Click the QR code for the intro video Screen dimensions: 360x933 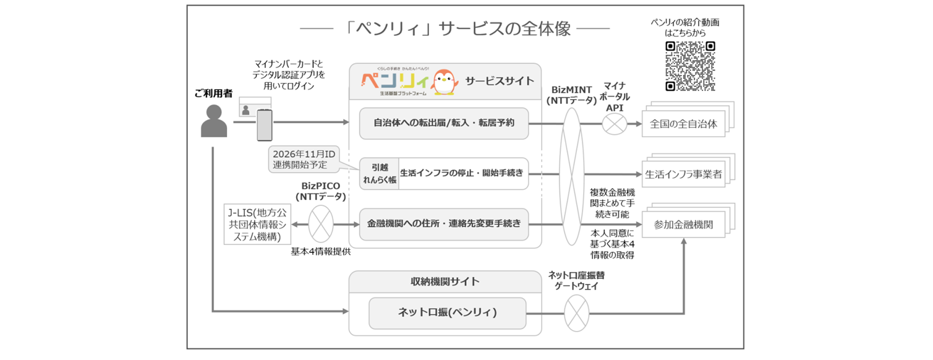[x=690, y=66]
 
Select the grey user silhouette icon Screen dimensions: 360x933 [x=214, y=122]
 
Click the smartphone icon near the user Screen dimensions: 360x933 [x=265, y=126]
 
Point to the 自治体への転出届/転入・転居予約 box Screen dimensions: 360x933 [x=444, y=122]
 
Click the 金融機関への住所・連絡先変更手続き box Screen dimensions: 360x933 [x=444, y=224]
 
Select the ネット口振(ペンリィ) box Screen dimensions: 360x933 [x=447, y=313]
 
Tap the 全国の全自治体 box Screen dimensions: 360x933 [x=683, y=124]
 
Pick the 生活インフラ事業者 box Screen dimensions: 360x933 [x=683, y=174]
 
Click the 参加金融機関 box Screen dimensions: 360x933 [x=683, y=225]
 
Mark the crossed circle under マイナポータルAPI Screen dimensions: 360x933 [x=614, y=124]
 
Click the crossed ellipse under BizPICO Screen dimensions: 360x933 [x=321, y=224]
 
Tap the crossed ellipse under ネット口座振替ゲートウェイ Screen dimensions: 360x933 [x=576, y=313]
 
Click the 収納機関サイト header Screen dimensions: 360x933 [x=445, y=281]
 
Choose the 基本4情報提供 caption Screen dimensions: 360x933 [x=321, y=252]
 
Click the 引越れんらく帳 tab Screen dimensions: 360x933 [x=379, y=173]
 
